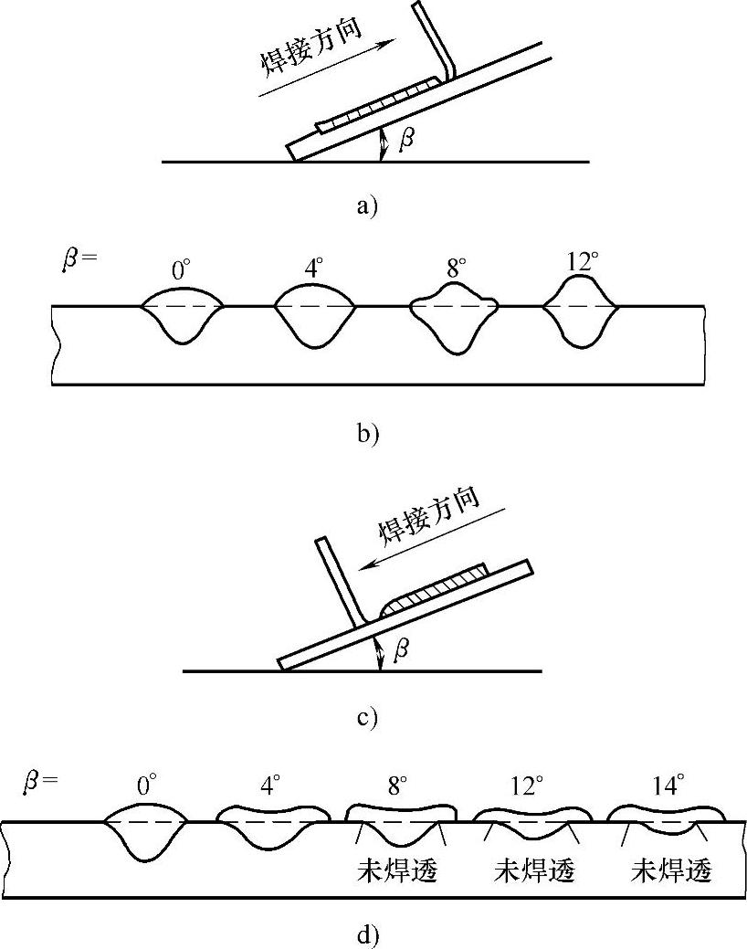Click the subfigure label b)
367,433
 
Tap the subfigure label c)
367,717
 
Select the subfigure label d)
367,934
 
